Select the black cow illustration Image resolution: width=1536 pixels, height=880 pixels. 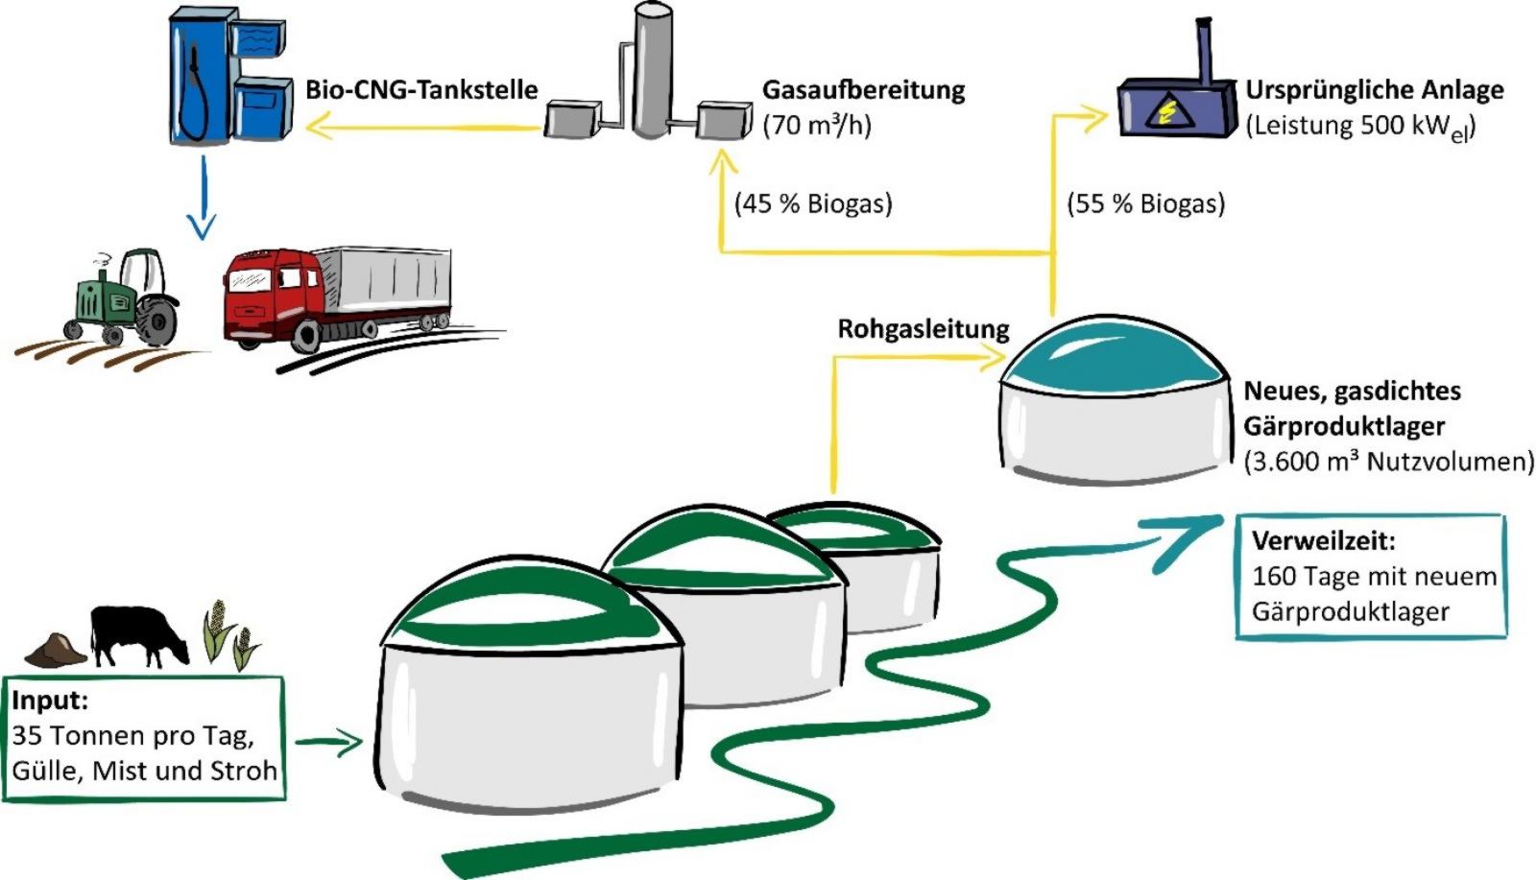138,634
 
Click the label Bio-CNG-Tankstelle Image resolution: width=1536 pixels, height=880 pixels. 421,90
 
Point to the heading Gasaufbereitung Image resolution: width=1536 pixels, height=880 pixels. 863,90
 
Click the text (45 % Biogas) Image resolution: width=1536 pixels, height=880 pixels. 813,203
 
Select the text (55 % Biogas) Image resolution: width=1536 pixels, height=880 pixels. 1146,203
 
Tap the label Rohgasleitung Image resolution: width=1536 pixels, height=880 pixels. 923,329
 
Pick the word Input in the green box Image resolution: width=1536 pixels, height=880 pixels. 49,701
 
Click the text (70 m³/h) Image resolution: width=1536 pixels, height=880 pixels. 817,126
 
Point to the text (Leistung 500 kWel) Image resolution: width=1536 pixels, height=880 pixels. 1359,126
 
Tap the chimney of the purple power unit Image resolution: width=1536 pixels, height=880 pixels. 1200,48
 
